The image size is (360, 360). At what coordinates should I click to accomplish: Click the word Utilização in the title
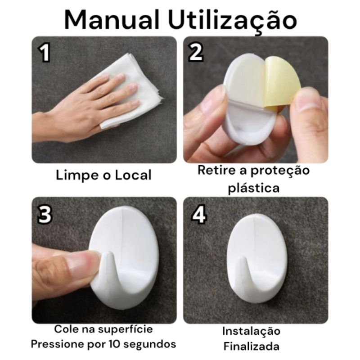pos(233,20)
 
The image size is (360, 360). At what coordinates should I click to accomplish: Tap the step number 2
pos(195,53)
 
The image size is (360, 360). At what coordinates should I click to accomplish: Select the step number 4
pos(198,215)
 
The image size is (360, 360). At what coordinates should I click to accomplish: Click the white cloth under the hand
pos(135,90)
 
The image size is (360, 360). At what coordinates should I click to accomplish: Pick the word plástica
pos(253,188)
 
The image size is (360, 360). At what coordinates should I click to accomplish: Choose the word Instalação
pos(252,331)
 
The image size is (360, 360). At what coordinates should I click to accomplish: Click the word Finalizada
pos(252,346)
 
